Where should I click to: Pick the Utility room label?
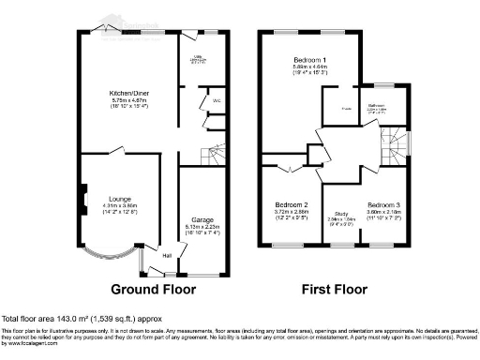click(x=199, y=56)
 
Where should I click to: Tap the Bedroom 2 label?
click(x=292, y=205)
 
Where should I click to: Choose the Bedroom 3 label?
click(x=383, y=205)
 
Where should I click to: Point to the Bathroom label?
click(x=380, y=106)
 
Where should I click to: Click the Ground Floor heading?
click(x=154, y=289)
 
